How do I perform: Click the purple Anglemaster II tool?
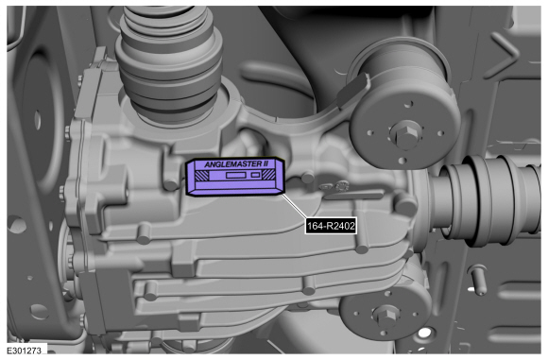[235, 178]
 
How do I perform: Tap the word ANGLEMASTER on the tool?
[230, 164]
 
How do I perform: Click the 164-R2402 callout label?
[331, 226]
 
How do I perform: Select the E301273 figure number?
[25, 350]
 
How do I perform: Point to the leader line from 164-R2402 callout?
[294, 207]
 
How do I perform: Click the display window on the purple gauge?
[236, 175]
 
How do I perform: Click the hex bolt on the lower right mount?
[385, 316]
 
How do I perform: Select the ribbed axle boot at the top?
[170, 64]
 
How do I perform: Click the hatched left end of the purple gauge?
[201, 175]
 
